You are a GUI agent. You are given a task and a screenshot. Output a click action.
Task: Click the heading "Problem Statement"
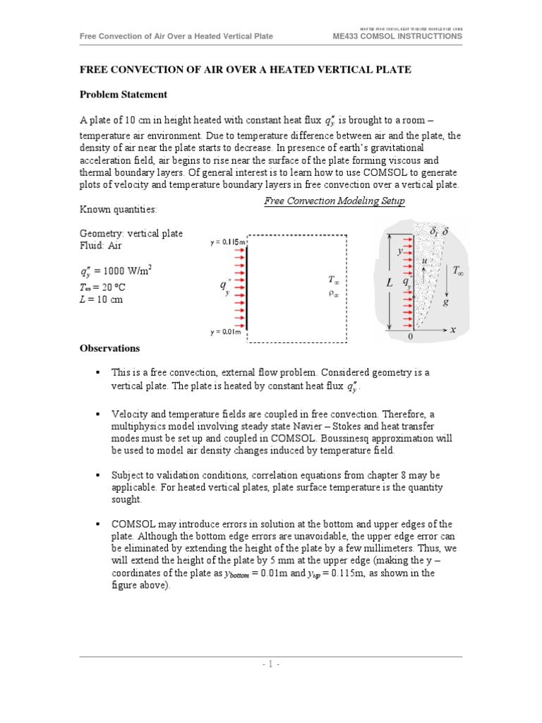pyautogui.click(x=123, y=94)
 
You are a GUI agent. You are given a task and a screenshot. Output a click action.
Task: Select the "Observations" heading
pyautogui.click(x=109, y=348)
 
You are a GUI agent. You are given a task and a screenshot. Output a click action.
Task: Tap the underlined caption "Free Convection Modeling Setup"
pyautogui.click(x=335, y=201)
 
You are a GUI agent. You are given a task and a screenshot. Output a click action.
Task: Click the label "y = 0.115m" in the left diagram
pyautogui.click(x=228, y=243)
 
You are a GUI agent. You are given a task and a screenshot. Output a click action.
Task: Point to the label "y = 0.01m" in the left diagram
pyautogui.click(x=226, y=332)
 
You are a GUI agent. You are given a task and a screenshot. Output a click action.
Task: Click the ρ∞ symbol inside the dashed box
pyautogui.click(x=334, y=294)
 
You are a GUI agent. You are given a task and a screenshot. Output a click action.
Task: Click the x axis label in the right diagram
pyautogui.click(x=453, y=329)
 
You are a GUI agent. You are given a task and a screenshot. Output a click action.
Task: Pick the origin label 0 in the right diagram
pyautogui.click(x=411, y=337)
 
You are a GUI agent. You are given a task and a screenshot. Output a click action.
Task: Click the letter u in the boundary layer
pyautogui.click(x=423, y=261)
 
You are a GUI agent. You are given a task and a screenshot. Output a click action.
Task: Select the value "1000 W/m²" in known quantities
pyautogui.click(x=127, y=270)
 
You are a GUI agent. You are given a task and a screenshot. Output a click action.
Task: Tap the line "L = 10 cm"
pyautogui.click(x=102, y=299)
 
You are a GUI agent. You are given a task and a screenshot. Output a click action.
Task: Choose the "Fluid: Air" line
pyautogui.click(x=101, y=246)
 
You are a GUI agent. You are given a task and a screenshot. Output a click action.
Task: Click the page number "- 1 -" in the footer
pyautogui.click(x=270, y=665)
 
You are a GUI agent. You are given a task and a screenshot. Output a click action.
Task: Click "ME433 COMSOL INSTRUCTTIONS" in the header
pyautogui.click(x=397, y=36)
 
